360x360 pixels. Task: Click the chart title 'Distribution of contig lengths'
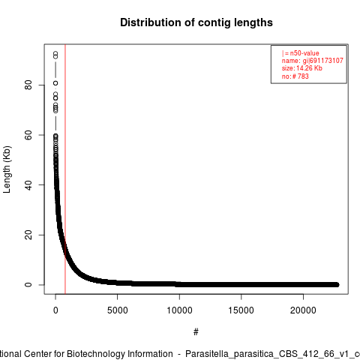196,22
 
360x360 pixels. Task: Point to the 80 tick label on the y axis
28,85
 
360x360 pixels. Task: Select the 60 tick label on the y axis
28,135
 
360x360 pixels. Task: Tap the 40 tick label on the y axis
28,185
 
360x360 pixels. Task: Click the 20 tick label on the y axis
28,235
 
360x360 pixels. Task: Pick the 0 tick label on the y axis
28,285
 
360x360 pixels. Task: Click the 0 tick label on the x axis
55,310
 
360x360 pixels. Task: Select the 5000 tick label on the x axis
117,310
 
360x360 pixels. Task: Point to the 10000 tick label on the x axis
179,310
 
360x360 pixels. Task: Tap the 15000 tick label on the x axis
241,310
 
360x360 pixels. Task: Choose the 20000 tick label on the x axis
303,310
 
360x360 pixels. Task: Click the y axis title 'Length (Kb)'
7,169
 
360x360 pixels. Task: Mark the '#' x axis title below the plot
196,332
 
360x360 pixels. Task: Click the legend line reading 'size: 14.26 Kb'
302,68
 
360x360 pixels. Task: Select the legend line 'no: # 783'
295,76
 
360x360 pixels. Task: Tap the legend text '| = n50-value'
301,53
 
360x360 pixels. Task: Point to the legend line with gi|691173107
313,61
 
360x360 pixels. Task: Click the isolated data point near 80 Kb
55,83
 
